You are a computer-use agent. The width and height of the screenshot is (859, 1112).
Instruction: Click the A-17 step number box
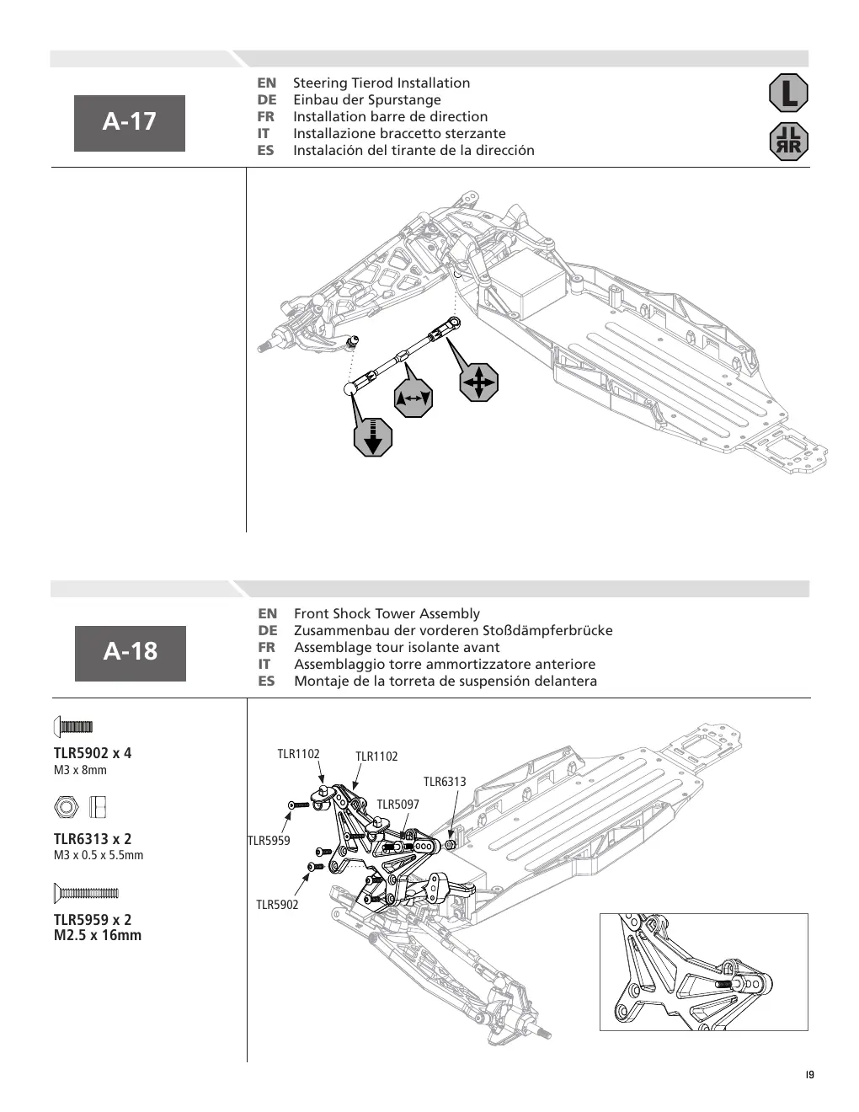[130, 123]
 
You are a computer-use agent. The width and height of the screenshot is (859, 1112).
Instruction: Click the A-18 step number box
[131, 653]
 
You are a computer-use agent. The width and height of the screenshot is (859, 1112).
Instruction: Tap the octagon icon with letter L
[788, 93]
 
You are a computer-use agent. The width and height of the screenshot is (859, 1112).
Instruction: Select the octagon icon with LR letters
[788, 142]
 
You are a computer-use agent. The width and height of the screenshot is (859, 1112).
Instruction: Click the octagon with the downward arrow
[373, 437]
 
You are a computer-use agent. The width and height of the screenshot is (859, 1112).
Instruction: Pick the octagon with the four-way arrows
[478, 382]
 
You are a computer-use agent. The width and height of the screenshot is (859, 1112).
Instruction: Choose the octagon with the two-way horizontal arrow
[413, 398]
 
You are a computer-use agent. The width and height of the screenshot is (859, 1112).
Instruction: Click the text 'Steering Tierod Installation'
[381, 83]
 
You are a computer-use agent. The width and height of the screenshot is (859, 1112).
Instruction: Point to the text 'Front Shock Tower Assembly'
[387, 613]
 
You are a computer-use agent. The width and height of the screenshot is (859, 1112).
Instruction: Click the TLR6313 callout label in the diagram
[445, 782]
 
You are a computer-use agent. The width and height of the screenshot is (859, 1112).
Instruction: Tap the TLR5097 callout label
[398, 804]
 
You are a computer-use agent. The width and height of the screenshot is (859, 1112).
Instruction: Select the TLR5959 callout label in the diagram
[269, 840]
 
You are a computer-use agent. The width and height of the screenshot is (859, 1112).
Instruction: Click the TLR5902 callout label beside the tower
[277, 904]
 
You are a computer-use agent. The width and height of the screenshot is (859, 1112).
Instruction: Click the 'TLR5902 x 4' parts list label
[93, 753]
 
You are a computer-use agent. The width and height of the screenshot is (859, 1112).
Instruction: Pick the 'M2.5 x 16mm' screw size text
[98, 935]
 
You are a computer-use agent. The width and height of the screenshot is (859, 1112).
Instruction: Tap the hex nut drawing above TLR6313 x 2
[67, 807]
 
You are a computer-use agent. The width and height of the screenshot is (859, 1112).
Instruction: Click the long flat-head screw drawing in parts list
[86, 893]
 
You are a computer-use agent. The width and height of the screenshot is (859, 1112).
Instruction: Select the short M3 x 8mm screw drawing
[73, 727]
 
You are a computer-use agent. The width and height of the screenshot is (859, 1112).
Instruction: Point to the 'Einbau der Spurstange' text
[367, 99]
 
